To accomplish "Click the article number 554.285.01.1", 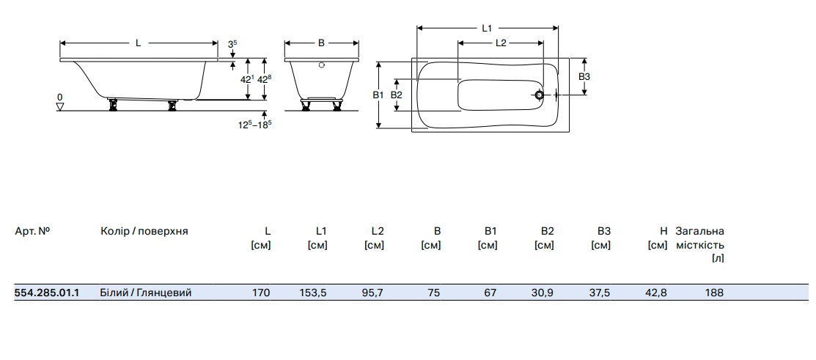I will pyautogui.click(x=47, y=293).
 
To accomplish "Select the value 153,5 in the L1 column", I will pyautogui.click(x=313, y=293).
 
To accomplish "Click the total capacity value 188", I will pyautogui.click(x=714, y=293).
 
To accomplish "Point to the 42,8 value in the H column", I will pyautogui.click(x=656, y=293).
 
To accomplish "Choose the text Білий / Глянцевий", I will pyautogui.click(x=146, y=293).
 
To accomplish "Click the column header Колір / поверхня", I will pyautogui.click(x=144, y=231).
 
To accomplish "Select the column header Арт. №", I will pyautogui.click(x=32, y=231).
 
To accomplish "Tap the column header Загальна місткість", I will pyautogui.click(x=700, y=238).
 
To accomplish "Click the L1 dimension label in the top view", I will pyautogui.click(x=487, y=28).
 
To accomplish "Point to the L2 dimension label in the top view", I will pyautogui.click(x=501, y=43).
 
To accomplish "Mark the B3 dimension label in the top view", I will pyautogui.click(x=584, y=76).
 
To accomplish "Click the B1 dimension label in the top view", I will pyautogui.click(x=378, y=95).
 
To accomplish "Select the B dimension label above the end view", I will pyautogui.click(x=321, y=43).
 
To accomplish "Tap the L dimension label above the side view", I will pyautogui.click(x=138, y=43).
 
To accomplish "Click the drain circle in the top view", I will pyautogui.click(x=539, y=95).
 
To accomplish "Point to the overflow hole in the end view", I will pyautogui.click(x=321, y=65).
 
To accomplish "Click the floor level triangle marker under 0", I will pyautogui.click(x=60, y=106).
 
